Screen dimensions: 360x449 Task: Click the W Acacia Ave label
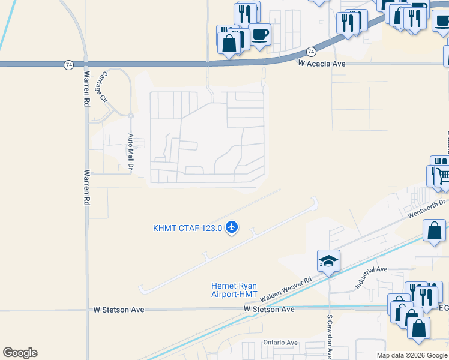pyautogui.click(x=321, y=63)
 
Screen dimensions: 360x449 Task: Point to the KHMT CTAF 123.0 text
pyautogui.click(x=187, y=228)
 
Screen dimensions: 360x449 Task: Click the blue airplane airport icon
pyautogui.click(x=232, y=227)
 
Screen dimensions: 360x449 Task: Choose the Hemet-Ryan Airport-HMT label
pyautogui.click(x=234, y=290)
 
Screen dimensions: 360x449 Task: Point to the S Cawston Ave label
pyautogui.click(x=330, y=333)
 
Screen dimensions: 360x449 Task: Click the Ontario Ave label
pyautogui.click(x=280, y=343)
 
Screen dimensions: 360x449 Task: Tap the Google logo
pyautogui.click(x=20, y=353)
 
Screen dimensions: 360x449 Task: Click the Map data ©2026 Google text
pyautogui.click(x=412, y=355)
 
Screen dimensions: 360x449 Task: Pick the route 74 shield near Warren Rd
pyautogui.click(x=68, y=63)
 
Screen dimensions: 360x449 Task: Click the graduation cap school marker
pyautogui.click(x=328, y=260)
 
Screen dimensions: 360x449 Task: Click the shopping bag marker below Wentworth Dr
pyautogui.click(x=434, y=230)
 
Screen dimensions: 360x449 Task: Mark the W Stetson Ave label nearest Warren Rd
pyautogui.click(x=119, y=310)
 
